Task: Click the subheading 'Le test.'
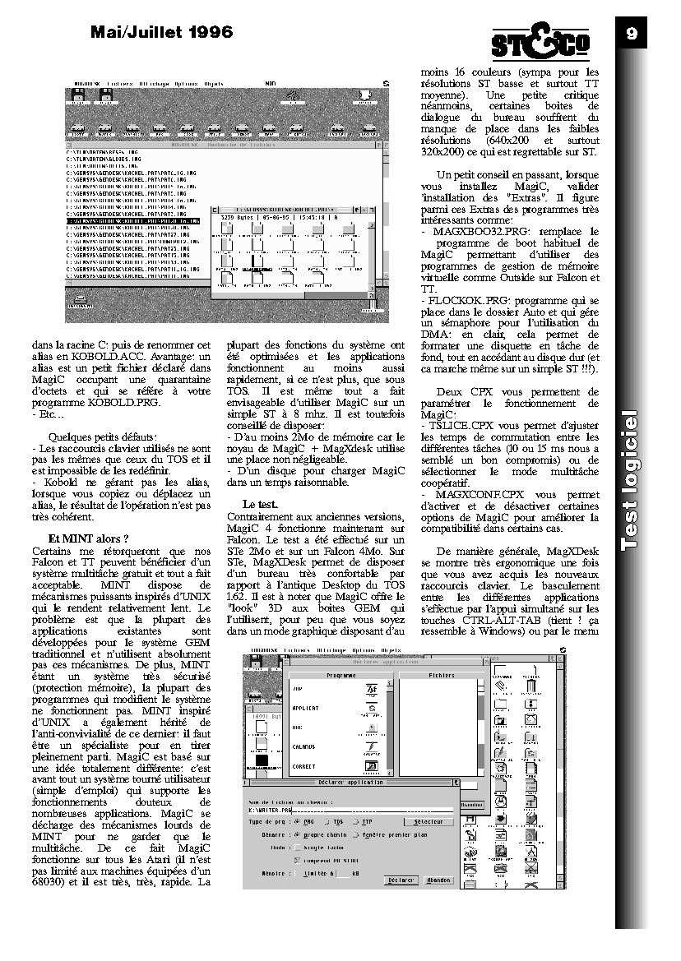click(261, 503)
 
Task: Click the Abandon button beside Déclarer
click(439, 880)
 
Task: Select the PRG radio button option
click(302, 821)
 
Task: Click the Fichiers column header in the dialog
click(441, 674)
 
